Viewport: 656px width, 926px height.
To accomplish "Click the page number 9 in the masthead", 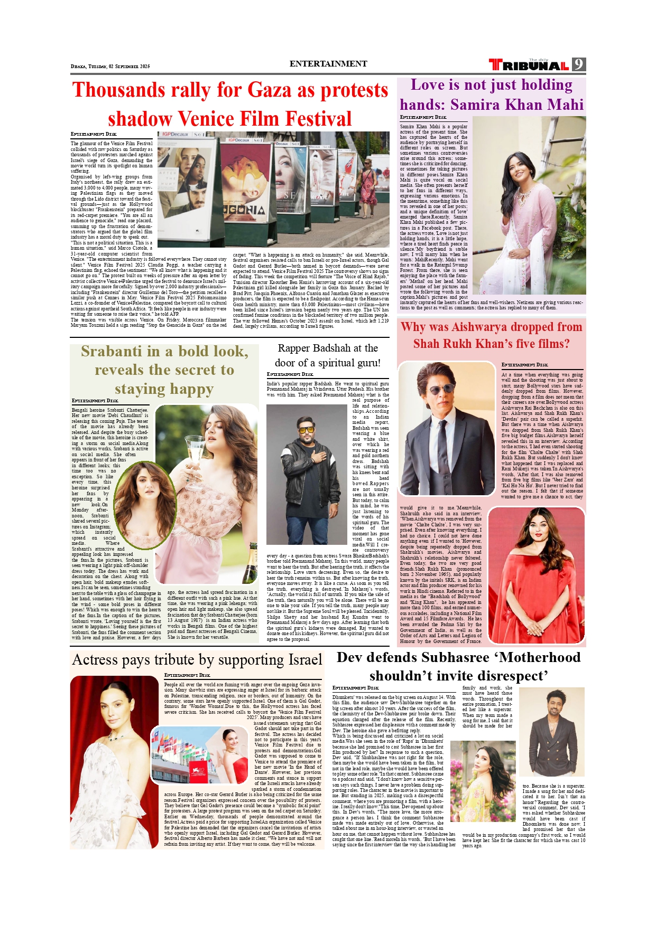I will [579, 65].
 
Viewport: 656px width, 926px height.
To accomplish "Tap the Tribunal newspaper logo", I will [529, 65].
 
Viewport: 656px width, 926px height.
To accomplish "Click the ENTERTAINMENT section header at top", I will [328, 64].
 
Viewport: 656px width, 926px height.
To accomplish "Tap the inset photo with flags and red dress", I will [199, 755].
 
